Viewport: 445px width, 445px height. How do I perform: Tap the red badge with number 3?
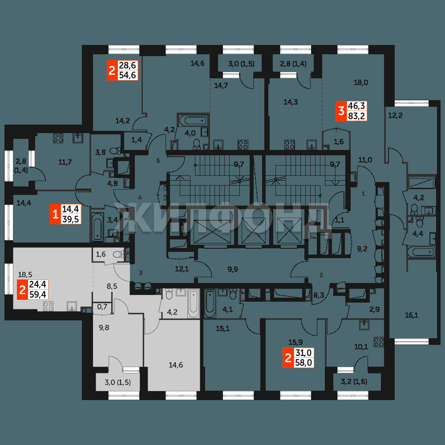tap(341, 111)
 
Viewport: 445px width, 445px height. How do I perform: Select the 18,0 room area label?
tap(361, 83)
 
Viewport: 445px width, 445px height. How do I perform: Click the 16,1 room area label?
tap(412, 315)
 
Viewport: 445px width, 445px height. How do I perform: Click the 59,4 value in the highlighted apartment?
tap(38, 294)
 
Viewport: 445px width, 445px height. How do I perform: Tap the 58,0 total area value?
tap(303, 362)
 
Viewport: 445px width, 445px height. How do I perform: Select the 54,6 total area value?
tap(128, 75)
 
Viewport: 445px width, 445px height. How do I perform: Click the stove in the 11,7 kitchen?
tap(58, 138)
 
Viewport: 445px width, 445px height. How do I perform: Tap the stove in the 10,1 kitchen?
tap(379, 342)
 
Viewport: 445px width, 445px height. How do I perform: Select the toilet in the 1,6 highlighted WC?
tap(118, 254)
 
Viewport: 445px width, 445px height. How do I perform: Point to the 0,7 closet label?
tap(102, 307)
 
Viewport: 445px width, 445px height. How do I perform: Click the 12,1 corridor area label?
tap(182, 269)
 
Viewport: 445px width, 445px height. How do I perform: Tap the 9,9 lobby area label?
tap(233, 269)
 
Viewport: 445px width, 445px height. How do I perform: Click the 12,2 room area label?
tap(395, 116)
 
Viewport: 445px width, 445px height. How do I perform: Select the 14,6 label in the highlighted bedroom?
tap(176, 365)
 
